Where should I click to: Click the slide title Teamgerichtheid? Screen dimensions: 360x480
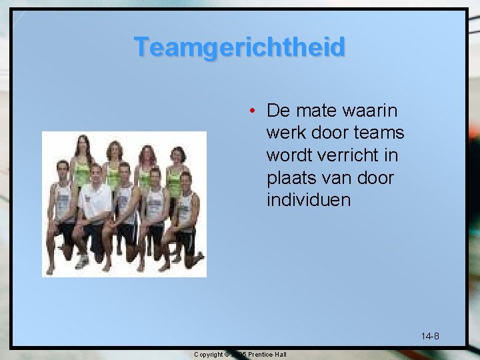[239, 47]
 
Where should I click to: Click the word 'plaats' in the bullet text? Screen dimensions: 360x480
[290, 178]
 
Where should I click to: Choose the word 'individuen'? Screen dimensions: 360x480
[307, 200]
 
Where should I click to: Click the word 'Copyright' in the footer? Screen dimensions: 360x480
[209, 354]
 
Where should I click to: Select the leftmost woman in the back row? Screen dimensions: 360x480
[82, 160]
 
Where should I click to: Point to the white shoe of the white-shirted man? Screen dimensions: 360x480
[83, 261]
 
